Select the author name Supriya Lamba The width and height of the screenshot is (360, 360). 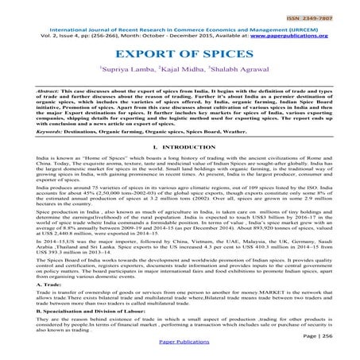[123, 72]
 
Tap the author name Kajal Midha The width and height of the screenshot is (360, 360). [180, 72]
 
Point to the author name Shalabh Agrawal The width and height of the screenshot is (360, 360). [238, 72]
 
